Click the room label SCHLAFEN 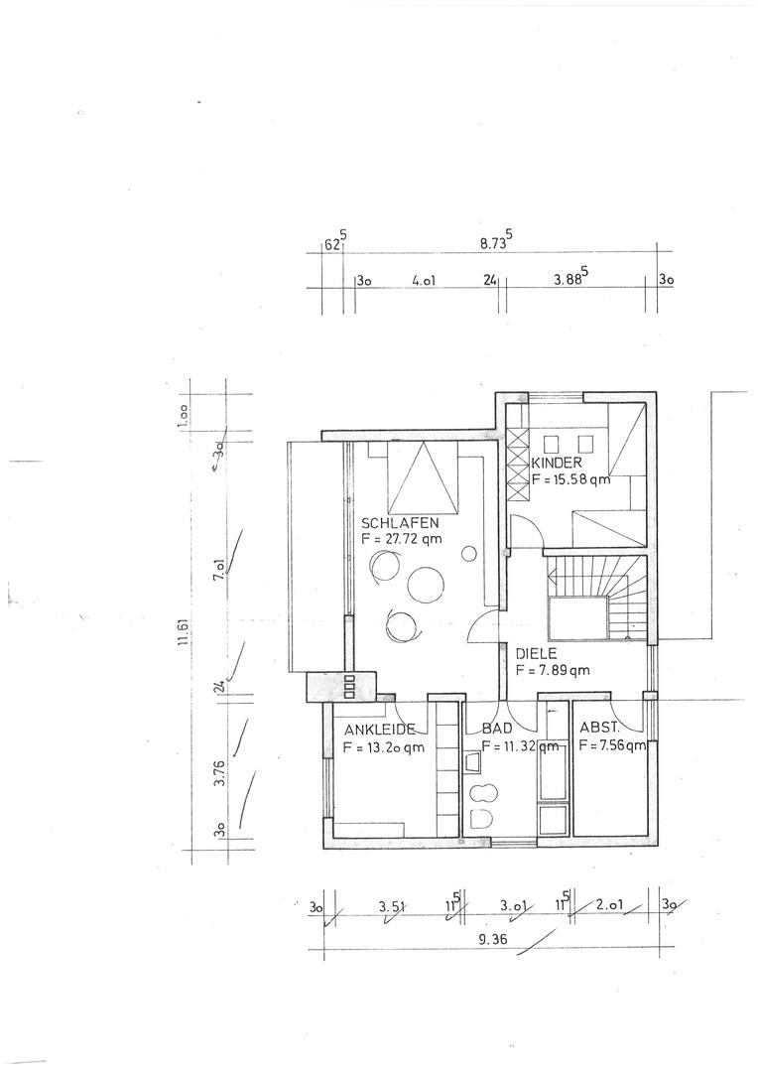tap(400, 524)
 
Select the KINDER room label tap(557, 463)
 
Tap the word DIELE tap(537, 654)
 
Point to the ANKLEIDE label tap(379, 731)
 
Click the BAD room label tap(497, 730)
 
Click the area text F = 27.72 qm tap(402, 539)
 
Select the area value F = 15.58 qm tap(570, 479)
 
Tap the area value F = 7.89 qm tap(553, 671)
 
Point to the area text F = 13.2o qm tap(383, 747)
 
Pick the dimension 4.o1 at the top tap(424, 281)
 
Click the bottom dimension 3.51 tap(392, 907)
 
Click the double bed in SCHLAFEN tap(422, 477)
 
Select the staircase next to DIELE tap(596, 597)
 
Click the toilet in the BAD tap(482, 818)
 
